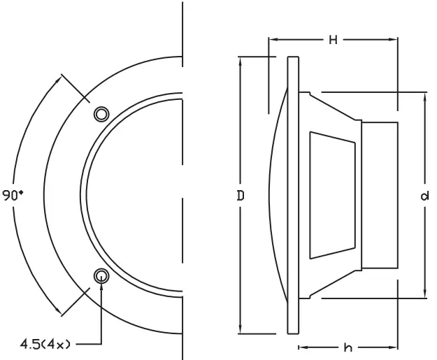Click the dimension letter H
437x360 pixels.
334,40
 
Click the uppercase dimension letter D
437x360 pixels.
240,196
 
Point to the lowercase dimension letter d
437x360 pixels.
424,196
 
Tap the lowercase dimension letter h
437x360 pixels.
348,347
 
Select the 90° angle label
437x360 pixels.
13,196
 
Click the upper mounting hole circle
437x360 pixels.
102,114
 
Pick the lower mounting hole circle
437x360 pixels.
102,275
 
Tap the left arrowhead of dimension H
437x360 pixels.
272,40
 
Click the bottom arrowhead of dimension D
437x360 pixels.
240,331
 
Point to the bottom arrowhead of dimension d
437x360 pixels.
424,294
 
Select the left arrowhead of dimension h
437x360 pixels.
302,347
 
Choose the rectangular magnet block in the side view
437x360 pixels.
380,195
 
